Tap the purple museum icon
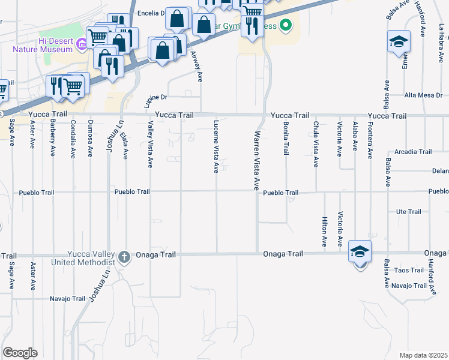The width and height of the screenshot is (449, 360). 82,41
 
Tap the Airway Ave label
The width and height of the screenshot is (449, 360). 194,66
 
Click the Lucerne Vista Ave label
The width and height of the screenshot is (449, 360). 215,146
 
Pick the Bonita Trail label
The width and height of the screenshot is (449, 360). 286,139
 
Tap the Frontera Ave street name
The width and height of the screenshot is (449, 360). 370,139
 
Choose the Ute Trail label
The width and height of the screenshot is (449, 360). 409,212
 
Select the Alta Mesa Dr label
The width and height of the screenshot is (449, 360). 423,95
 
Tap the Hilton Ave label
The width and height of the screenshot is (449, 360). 324,232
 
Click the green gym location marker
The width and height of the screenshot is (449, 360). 286,25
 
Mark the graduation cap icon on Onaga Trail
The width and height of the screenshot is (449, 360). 360,251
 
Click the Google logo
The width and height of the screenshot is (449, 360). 20,352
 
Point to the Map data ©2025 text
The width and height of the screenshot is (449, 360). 423,355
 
